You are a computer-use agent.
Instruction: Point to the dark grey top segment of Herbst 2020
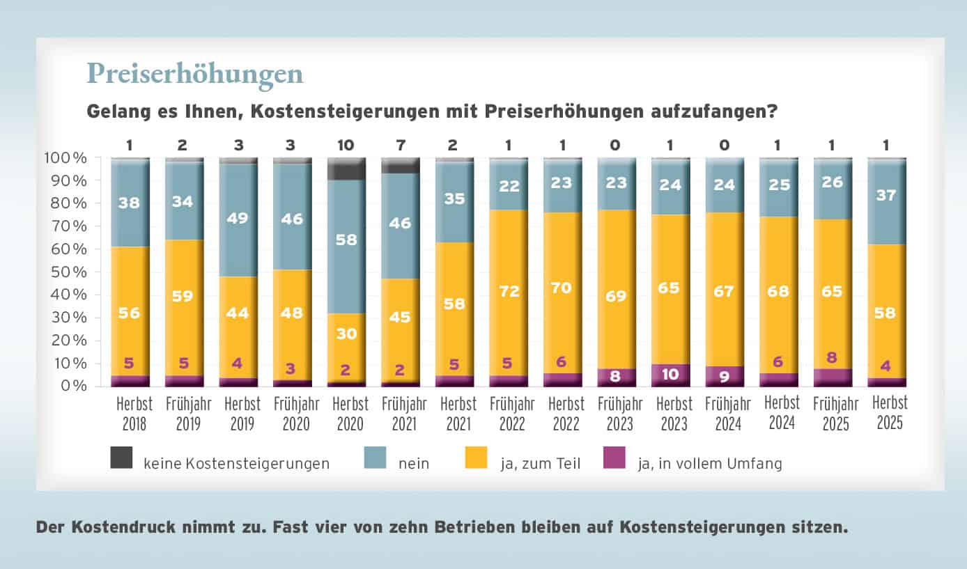[346, 169]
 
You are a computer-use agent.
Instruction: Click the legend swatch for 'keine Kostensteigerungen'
[121, 458]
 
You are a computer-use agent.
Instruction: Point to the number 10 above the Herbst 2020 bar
[346, 146]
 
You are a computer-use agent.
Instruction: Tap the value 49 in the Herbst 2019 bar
[238, 218]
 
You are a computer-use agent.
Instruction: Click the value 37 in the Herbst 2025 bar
[887, 196]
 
